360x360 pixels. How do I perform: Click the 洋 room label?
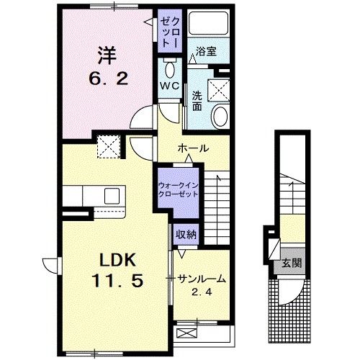click(x=107, y=55)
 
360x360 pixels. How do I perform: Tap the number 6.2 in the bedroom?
click(x=108, y=78)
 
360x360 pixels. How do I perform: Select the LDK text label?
click(x=117, y=259)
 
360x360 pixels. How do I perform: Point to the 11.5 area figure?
click(x=117, y=281)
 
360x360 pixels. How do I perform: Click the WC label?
click(x=170, y=86)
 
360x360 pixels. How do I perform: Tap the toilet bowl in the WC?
click(x=170, y=70)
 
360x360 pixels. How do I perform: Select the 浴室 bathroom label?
click(x=206, y=51)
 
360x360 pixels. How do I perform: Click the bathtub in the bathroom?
click(x=208, y=23)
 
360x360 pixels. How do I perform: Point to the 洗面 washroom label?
click(x=197, y=102)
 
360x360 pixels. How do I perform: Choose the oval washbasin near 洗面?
click(x=220, y=117)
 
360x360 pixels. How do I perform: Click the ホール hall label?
click(x=193, y=148)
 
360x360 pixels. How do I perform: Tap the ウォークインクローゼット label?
click(x=179, y=189)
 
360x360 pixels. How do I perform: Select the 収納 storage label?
click(x=186, y=235)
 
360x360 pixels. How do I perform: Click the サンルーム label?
click(x=202, y=279)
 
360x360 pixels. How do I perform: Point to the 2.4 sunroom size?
click(x=202, y=292)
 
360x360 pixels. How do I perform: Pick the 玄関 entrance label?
click(x=292, y=264)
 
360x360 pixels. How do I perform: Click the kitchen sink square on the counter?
click(x=112, y=196)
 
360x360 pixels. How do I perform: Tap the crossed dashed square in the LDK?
click(x=109, y=147)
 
